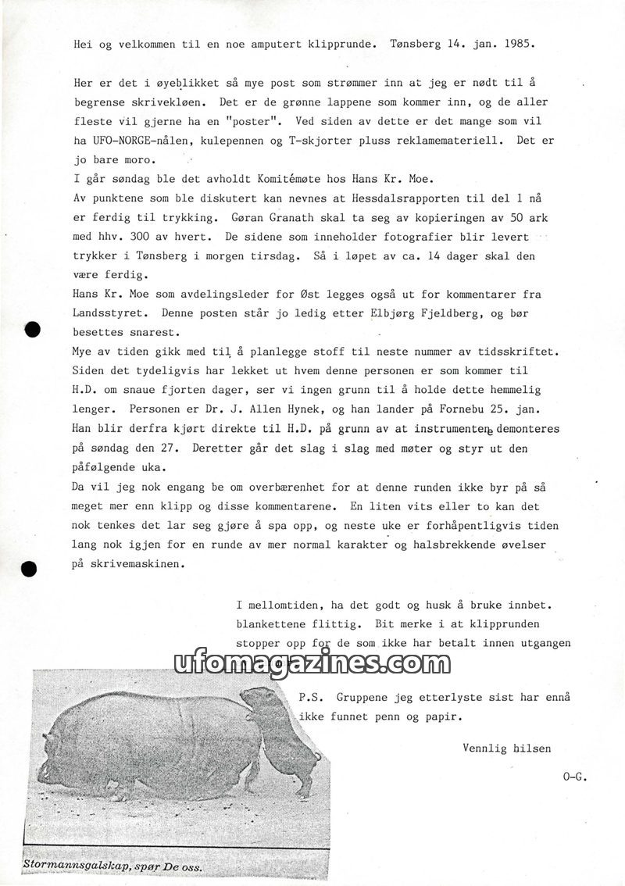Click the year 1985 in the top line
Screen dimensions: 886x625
pyautogui.click(x=517, y=44)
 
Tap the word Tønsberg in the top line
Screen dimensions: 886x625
pyautogui.click(x=416, y=44)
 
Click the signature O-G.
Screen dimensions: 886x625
pyautogui.click(x=574, y=776)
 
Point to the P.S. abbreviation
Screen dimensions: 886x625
pyautogui.click(x=311, y=695)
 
